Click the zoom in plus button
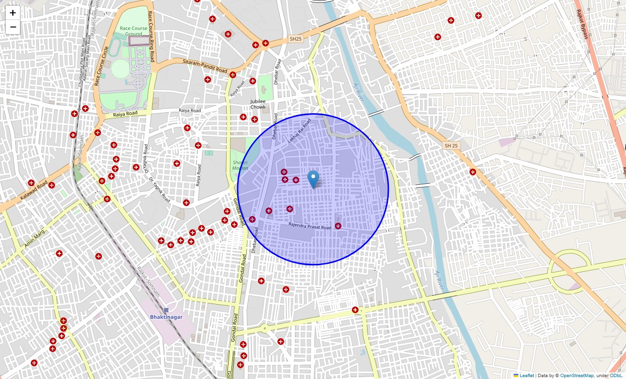[13, 13]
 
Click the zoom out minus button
[13, 27]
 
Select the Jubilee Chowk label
[258, 104]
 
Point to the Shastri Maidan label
[240, 165]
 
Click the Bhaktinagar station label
[166, 317]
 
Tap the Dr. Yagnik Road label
[159, 189]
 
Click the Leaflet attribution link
[526, 375]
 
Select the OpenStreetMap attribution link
[577, 375]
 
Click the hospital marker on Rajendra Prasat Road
[338, 226]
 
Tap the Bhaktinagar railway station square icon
[166, 310]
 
